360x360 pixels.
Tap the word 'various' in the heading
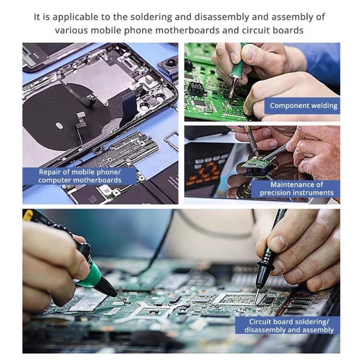coord(71,31)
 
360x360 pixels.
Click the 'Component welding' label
coord(303,106)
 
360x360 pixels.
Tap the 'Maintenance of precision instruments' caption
coord(297,189)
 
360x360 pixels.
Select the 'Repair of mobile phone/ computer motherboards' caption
coord(80,176)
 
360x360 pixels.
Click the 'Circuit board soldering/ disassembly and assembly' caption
coord(289,326)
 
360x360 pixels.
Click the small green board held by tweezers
coord(254,166)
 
